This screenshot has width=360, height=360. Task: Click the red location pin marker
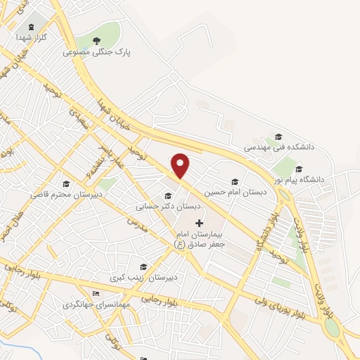[x=181, y=165]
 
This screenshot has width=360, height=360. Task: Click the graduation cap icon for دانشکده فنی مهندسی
[x=278, y=136]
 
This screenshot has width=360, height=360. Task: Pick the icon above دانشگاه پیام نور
[x=300, y=169]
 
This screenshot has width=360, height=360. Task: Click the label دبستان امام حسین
[x=231, y=191]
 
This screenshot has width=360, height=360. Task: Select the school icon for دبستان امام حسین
[x=235, y=181]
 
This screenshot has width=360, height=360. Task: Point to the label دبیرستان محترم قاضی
[x=66, y=193]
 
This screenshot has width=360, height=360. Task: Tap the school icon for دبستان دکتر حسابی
[x=167, y=195]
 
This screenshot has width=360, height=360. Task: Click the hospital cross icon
[x=199, y=222]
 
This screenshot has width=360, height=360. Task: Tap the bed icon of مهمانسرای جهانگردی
[x=96, y=293]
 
